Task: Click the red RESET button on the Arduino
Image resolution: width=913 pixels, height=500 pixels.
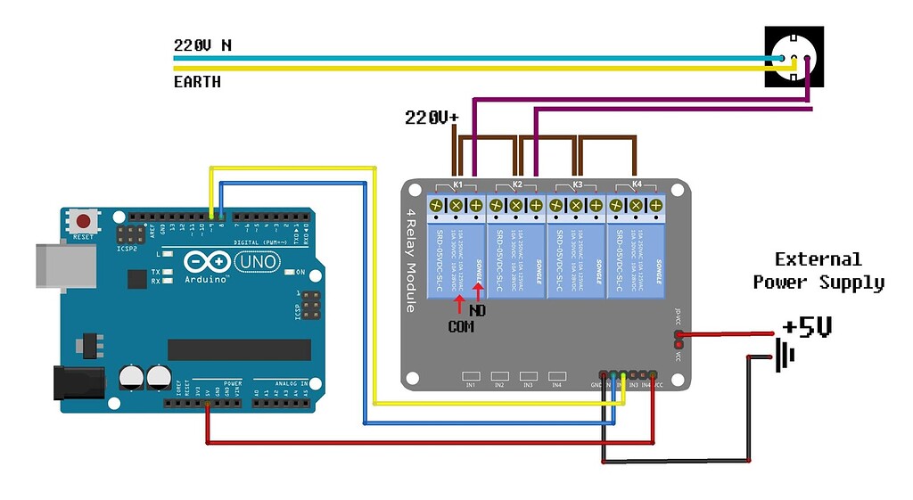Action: point(85,221)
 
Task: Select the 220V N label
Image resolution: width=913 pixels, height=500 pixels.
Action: point(202,45)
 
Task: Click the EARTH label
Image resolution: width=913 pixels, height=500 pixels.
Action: point(197,82)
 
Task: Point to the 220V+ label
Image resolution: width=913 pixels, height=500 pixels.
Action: point(432,117)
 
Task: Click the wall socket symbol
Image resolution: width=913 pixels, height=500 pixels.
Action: point(794,57)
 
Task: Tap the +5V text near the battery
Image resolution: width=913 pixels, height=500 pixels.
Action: point(807,328)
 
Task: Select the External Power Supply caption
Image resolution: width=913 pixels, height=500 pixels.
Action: point(818,271)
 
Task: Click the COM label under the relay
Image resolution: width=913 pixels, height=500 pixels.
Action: point(461,327)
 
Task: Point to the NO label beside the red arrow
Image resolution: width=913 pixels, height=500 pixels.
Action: point(479,312)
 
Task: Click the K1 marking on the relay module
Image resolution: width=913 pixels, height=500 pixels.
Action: point(457,185)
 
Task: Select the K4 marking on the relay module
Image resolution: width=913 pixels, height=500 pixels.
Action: point(637,184)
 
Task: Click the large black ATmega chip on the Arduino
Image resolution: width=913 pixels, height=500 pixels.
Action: point(239,349)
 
